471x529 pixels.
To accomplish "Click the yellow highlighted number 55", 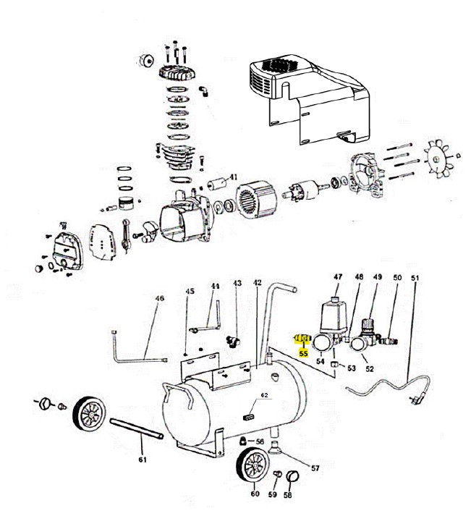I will (x=303, y=354).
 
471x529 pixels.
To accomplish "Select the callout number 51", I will (x=415, y=278).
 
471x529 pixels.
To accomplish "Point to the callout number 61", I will (x=142, y=460).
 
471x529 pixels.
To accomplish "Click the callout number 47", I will (x=337, y=277).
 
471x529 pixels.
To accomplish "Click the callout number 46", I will (x=160, y=298).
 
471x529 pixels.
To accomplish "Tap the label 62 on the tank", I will (x=264, y=396).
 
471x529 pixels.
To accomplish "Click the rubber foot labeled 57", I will (x=276, y=448).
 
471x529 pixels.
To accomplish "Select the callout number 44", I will (x=215, y=287).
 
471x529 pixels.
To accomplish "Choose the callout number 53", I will (x=352, y=368).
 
